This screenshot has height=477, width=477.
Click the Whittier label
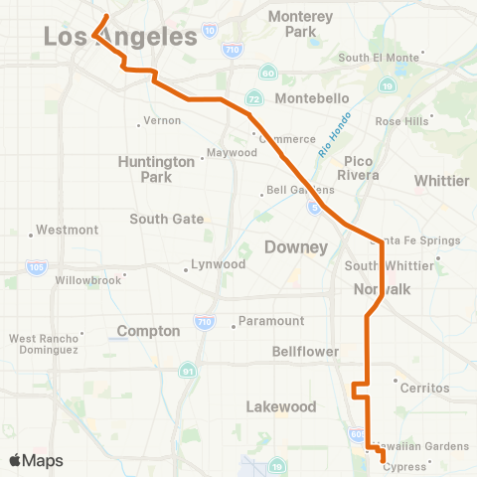point(441,180)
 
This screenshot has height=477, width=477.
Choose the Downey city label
point(295,246)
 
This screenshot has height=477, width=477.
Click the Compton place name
point(148,331)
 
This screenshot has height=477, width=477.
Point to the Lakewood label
point(281,406)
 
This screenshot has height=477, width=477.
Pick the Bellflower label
point(305,352)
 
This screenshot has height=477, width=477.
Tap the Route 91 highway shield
point(188,372)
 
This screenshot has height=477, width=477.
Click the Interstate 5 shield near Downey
point(313,208)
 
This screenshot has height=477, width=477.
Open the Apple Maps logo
point(36,460)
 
